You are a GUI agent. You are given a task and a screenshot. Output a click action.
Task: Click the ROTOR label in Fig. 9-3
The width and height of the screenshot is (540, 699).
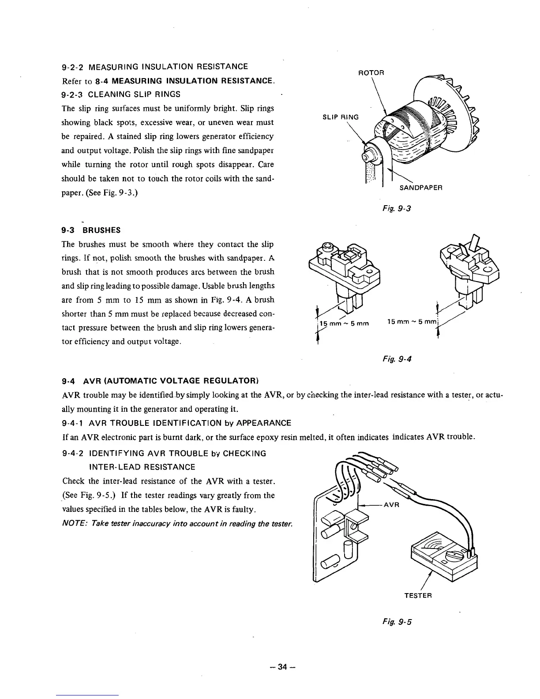[x=371, y=72]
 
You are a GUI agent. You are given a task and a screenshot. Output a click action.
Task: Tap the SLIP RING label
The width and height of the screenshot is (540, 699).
[x=341, y=117]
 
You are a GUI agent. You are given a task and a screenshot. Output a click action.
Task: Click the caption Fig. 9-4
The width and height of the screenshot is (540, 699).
[x=397, y=359]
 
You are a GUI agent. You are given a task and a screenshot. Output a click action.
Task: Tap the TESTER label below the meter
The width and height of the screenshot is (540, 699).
[x=418, y=595]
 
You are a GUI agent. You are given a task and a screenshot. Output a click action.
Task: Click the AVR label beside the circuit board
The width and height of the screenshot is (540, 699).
[x=391, y=506]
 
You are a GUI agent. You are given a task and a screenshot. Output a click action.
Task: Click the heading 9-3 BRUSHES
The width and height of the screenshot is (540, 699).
[x=91, y=230]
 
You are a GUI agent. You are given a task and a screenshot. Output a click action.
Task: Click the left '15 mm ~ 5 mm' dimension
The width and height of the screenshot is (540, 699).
[x=344, y=325]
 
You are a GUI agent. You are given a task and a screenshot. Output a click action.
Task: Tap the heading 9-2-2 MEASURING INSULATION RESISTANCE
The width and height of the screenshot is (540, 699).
[x=155, y=67]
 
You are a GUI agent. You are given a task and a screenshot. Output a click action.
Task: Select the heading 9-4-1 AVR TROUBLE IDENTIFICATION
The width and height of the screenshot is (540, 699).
[x=176, y=423]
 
